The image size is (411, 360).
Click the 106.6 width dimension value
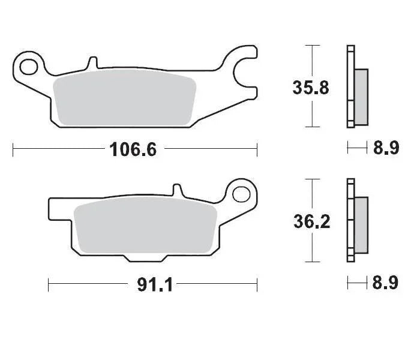click(x=133, y=149)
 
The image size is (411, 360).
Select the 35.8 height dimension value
click(x=311, y=88)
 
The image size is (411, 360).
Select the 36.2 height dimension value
click(x=311, y=221)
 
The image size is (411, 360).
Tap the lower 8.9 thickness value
click(x=386, y=282)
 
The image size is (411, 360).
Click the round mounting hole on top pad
click(x=29, y=63)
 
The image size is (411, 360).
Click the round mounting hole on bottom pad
click(x=241, y=194)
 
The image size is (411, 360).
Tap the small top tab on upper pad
click(x=92, y=63)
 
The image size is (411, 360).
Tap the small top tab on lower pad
click(x=177, y=191)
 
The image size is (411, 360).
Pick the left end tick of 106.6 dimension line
click(x=13, y=149)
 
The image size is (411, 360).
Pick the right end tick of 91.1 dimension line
click(x=257, y=284)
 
